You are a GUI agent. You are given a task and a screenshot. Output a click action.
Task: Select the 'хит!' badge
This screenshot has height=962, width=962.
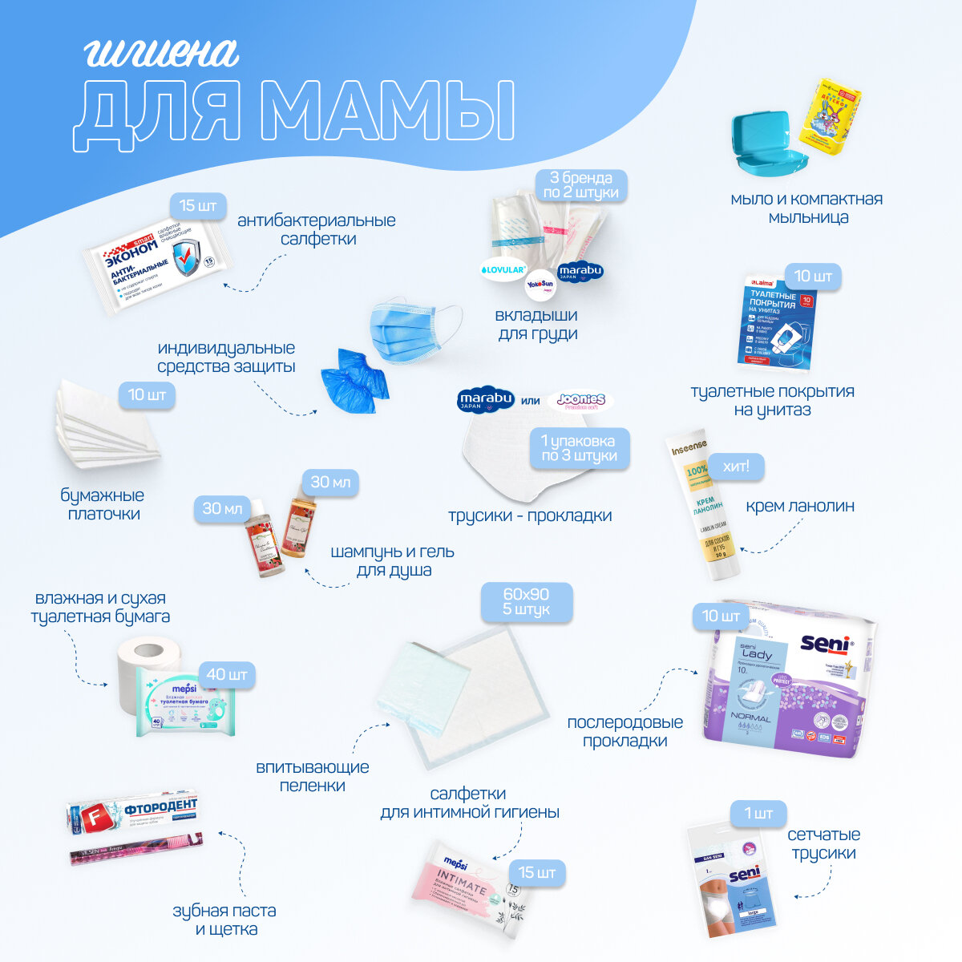pyautogui.click(x=735, y=466)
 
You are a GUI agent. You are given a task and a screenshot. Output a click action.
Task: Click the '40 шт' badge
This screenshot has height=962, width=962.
pyautogui.click(x=227, y=673)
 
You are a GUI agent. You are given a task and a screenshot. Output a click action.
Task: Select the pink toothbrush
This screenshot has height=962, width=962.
pyautogui.click(x=136, y=849)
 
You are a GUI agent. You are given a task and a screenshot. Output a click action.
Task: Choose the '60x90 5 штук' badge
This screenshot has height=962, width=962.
pyautogui.click(x=526, y=602)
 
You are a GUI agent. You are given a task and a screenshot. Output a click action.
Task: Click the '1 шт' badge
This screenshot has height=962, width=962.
pyautogui.click(x=758, y=814)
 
